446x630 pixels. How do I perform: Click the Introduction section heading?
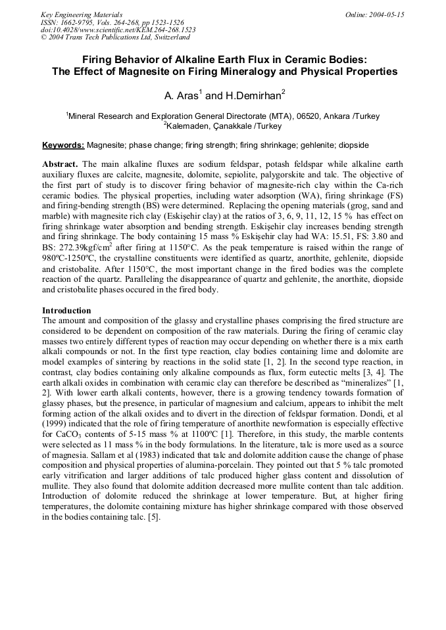[x=66, y=310]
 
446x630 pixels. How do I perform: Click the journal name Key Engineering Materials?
[x=82, y=14]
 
